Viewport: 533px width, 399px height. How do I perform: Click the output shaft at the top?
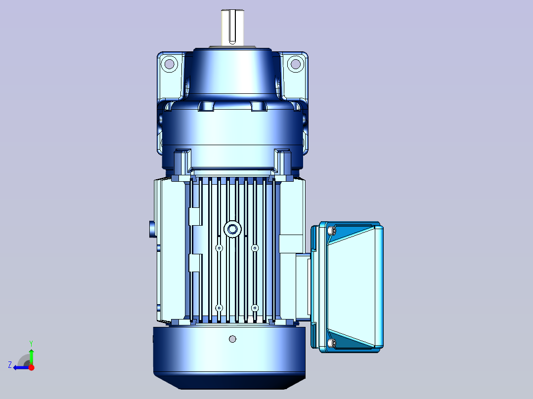click(x=232, y=27)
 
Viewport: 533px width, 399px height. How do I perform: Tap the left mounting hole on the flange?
click(x=169, y=64)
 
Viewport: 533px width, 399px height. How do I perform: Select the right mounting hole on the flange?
click(x=296, y=64)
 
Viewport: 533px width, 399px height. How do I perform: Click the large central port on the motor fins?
click(x=232, y=229)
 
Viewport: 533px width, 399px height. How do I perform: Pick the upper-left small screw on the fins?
click(x=219, y=248)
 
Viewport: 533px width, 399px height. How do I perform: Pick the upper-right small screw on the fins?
click(x=255, y=248)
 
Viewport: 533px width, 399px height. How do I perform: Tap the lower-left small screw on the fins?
click(x=219, y=308)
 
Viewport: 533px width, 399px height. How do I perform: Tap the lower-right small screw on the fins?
click(x=255, y=308)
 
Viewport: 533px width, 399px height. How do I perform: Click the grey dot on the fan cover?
click(x=232, y=339)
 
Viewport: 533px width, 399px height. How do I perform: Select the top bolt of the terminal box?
click(x=332, y=231)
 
